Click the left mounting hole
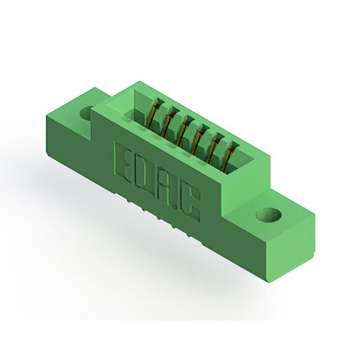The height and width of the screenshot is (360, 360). pos(87,114)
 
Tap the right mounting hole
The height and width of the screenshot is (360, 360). pos(268,214)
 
